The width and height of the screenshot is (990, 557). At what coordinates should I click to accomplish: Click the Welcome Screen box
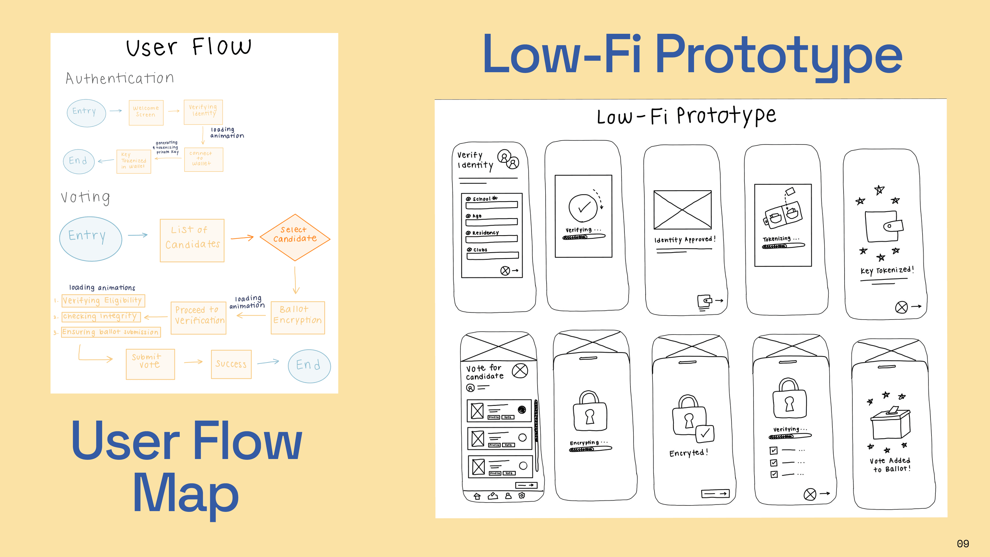click(x=146, y=112)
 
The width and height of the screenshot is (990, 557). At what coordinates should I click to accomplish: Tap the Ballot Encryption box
click(x=298, y=317)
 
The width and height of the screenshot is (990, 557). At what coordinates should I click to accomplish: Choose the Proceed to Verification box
click(x=198, y=317)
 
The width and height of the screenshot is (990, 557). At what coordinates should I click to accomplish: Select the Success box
click(x=231, y=364)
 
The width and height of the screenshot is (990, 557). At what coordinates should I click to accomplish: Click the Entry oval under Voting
click(x=90, y=238)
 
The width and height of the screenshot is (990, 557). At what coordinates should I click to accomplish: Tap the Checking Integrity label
click(x=101, y=317)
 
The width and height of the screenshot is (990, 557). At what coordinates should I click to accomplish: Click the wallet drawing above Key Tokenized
click(x=884, y=226)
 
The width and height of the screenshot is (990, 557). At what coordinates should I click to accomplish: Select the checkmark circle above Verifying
click(x=583, y=208)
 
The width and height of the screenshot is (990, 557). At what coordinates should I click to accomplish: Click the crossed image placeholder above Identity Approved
click(x=682, y=210)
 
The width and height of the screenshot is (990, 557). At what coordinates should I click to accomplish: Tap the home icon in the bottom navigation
click(x=477, y=496)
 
